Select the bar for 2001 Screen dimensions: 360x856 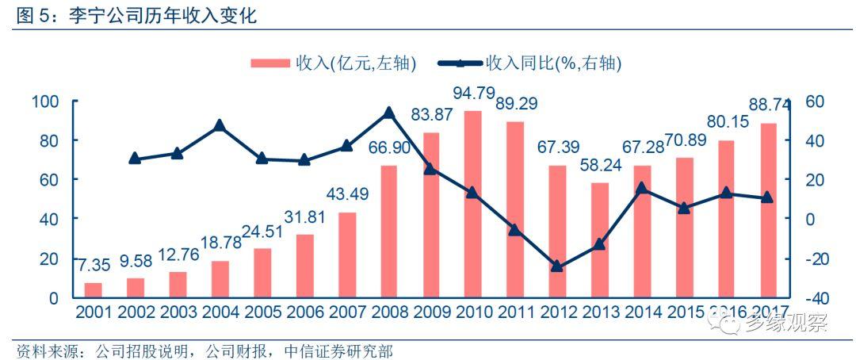[94, 289]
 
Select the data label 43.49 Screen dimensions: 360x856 [347, 194]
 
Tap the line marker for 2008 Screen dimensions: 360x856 [389, 113]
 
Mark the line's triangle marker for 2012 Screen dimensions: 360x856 [557, 266]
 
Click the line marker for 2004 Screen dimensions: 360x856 [220, 125]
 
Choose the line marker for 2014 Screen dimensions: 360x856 [642, 188]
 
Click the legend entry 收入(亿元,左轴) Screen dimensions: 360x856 [333, 63]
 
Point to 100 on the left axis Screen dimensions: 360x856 [45, 101]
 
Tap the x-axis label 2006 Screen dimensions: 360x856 [305, 312]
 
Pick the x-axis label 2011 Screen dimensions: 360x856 [516, 312]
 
